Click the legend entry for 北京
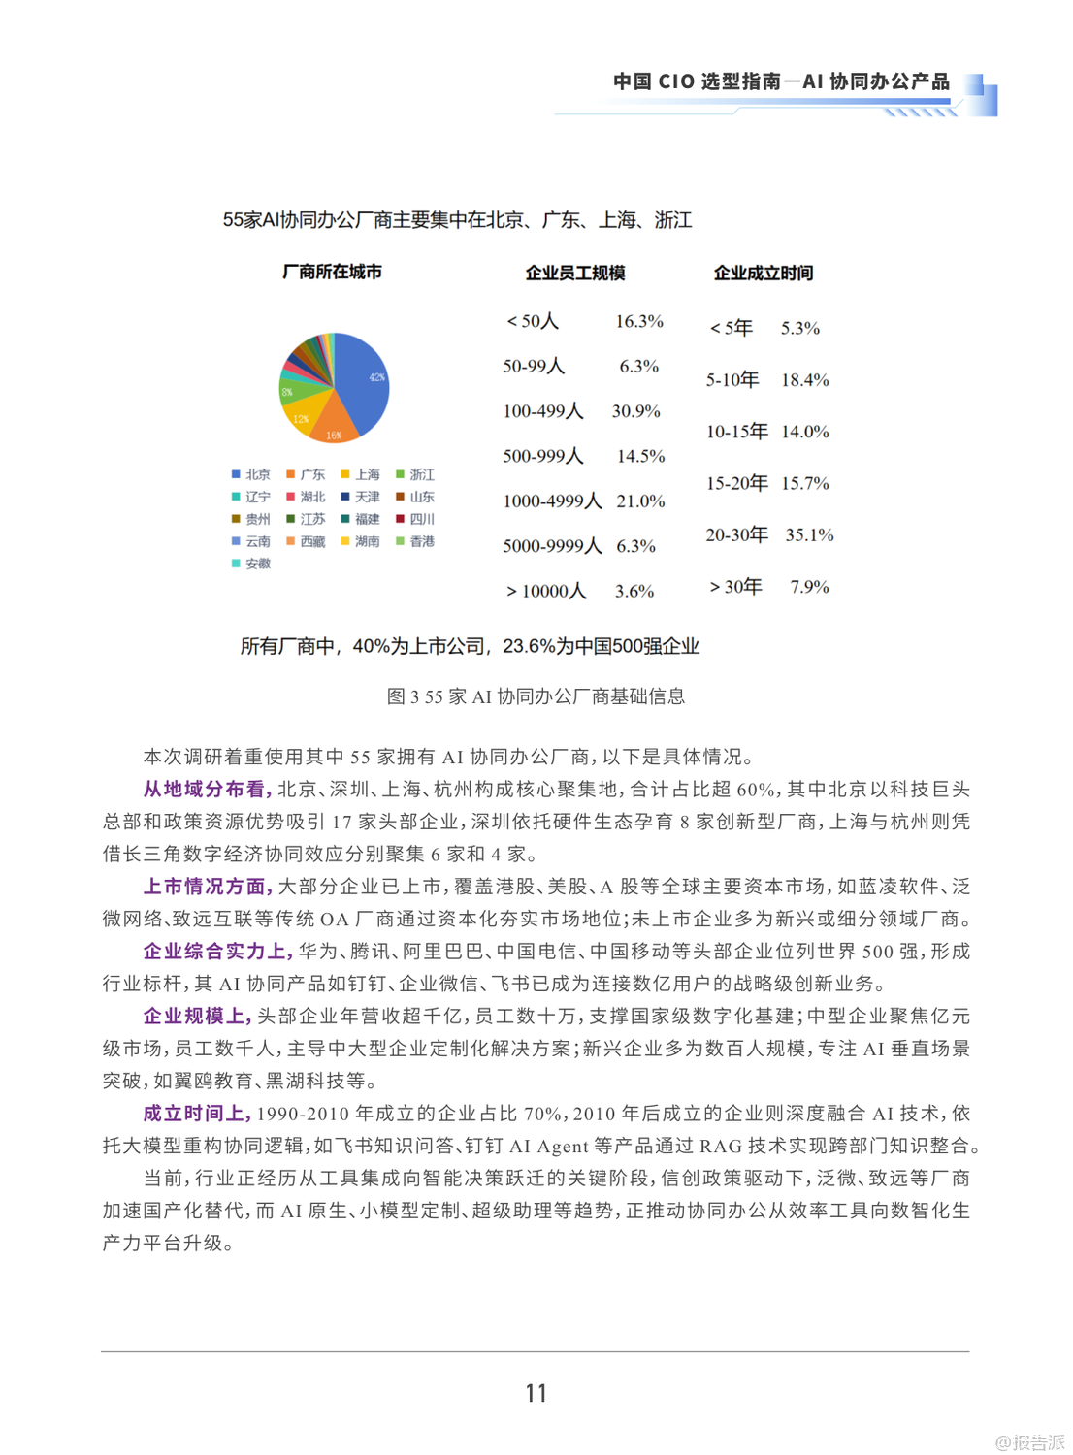[x=250, y=474]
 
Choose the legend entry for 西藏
[x=306, y=541]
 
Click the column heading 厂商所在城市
[x=332, y=272]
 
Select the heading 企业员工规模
[x=575, y=273]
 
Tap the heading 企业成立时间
[x=764, y=273]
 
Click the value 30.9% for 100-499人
[x=635, y=411]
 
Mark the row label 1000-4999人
[x=552, y=501]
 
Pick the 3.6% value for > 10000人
[x=634, y=591]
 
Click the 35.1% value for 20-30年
[x=809, y=534]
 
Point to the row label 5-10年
[x=732, y=379]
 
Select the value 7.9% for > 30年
[x=809, y=587]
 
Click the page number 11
[x=536, y=1393]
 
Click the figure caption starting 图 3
[x=536, y=696]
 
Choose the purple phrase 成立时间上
[x=198, y=1114]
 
